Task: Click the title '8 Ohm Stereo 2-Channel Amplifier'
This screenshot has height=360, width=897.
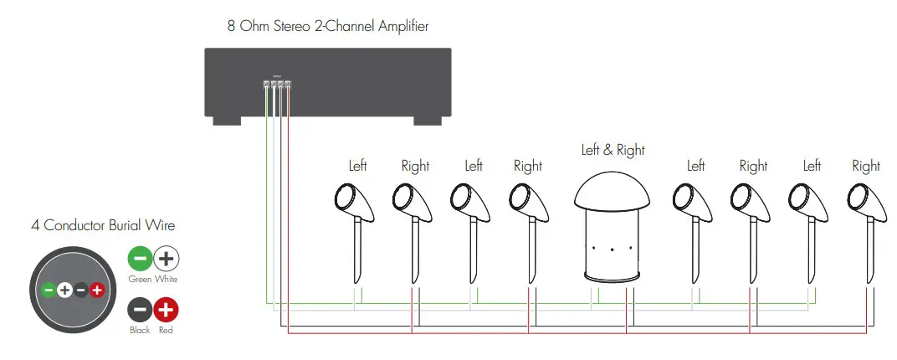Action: [328, 26]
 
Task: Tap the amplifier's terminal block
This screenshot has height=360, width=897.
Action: [277, 85]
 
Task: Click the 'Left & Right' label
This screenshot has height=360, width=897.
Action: [613, 150]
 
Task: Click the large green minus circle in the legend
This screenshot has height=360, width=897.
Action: [140, 259]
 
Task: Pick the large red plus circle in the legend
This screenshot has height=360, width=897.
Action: [167, 311]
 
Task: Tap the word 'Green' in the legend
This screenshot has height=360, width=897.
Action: [140, 279]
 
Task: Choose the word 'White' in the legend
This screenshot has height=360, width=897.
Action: [167, 279]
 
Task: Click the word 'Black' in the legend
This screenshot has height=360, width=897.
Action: [140, 331]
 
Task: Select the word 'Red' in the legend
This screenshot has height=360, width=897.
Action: [167, 331]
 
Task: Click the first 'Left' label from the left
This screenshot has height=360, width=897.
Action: [357, 166]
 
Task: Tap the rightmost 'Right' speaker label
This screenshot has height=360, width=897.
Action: [866, 166]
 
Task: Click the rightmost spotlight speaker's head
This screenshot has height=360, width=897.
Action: [859, 198]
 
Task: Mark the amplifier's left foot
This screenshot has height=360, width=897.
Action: [227, 121]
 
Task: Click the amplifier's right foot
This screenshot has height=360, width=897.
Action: [428, 121]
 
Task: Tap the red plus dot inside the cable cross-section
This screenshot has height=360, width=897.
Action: [97, 291]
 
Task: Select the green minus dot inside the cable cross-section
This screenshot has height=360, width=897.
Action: [49, 291]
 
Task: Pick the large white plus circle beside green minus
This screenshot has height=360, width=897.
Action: [167, 259]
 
